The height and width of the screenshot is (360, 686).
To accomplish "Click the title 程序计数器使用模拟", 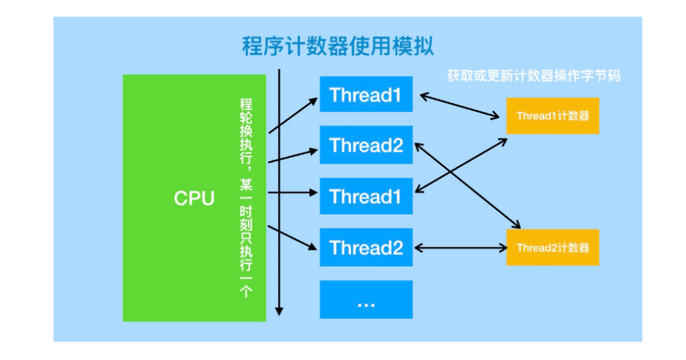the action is pyautogui.click(x=338, y=46).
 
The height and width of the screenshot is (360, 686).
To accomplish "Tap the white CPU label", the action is pyautogui.click(x=194, y=198).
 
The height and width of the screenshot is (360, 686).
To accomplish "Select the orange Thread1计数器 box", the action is pyautogui.click(x=553, y=115).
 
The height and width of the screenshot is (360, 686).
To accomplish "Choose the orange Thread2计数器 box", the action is pyautogui.click(x=553, y=247).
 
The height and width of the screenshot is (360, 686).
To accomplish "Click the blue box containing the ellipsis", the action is pyautogui.click(x=366, y=299).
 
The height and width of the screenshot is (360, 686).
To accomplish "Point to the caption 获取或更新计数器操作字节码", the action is pyautogui.click(x=534, y=76).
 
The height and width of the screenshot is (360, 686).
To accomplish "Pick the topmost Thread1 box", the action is pyautogui.click(x=366, y=94).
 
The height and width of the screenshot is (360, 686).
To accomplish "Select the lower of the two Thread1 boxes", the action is pyautogui.click(x=366, y=196).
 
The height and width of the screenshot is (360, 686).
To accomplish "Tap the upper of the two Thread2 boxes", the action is pyautogui.click(x=366, y=145).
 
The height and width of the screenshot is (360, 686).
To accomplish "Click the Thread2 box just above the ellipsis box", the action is pyautogui.click(x=366, y=247).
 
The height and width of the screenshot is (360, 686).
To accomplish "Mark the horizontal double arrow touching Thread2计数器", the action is pyautogui.click(x=460, y=248).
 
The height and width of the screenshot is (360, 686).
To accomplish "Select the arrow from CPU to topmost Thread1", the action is pyautogui.click(x=293, y=115).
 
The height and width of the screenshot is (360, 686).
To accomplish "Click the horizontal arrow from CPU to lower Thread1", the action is pyautogui.click(x=293, y=192).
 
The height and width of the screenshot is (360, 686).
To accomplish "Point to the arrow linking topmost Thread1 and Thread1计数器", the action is pyautogui.click(x=459, y=106).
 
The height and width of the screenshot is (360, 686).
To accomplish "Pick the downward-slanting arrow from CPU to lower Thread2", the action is pyautogui.click(x=293, y=238).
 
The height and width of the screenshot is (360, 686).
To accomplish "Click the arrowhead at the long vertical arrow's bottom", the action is pyautogui.click(x=279, y=311).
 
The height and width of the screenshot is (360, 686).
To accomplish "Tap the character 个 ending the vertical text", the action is pyautogui.click(x=246, y=291).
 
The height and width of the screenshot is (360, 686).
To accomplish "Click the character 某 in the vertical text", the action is pyautogui.click(x=246, y=184).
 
